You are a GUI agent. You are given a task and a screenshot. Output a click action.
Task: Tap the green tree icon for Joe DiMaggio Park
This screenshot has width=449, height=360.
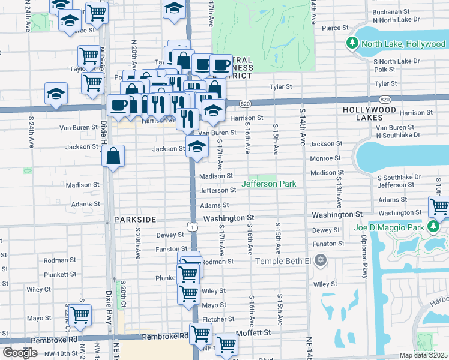[432, 226]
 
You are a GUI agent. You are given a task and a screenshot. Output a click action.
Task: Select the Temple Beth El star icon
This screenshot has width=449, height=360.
[321, 260]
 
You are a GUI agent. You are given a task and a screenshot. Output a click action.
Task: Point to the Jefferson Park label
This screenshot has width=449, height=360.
[268, 184]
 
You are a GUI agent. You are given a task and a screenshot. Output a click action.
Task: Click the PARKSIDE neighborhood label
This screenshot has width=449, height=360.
[135, 220]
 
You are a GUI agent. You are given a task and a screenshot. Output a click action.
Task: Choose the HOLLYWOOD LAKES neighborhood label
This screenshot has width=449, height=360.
[369, 110]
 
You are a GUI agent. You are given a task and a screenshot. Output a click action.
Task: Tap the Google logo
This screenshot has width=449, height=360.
[20, 353]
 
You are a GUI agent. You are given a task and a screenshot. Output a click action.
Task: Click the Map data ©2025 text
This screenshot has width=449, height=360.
[424, 355]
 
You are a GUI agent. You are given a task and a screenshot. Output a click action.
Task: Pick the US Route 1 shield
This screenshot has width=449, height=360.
[191, 226]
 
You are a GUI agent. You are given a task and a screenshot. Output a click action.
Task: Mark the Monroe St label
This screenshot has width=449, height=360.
[325, 158]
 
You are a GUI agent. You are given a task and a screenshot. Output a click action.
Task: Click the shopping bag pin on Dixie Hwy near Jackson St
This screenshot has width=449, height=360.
[113, 158]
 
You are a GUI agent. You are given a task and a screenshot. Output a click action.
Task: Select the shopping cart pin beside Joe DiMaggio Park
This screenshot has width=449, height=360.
[440, 207]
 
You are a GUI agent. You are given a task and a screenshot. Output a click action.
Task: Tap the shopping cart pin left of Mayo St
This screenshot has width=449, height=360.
[80, 315]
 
